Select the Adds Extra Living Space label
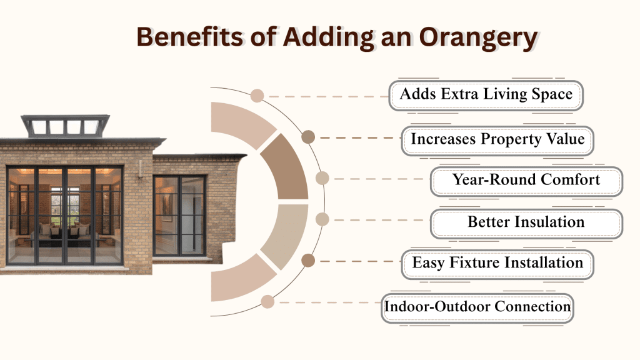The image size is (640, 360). pos(486,95)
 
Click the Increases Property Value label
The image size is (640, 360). pos(497,139)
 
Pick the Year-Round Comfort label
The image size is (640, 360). pos(526,180)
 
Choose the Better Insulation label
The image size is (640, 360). pos(526,222)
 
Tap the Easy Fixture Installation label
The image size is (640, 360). pos(497,262)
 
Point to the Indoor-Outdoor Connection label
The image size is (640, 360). pos(477,307)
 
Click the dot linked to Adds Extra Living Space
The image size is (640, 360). pos(257,96)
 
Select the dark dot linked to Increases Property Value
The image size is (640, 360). pos(307,137)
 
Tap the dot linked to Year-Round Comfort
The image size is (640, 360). pos(322,179)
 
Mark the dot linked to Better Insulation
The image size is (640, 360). pos(322,219)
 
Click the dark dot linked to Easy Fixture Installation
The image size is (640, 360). pos(307,261)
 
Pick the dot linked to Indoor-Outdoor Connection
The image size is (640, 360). pos(267,302)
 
